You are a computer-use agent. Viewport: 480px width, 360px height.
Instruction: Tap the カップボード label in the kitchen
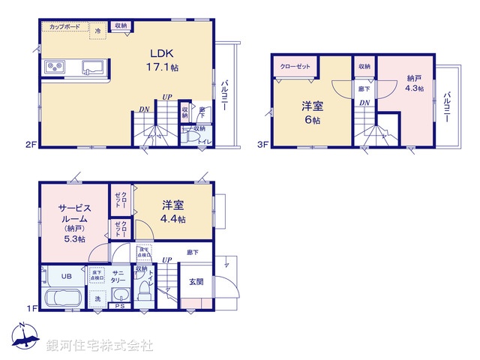(64, 26)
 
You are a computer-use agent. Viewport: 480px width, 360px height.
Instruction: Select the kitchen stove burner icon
(56, 67)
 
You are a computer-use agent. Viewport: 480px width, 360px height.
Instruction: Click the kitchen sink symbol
(91, 67)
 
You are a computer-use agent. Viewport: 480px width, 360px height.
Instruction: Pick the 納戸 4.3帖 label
(415, 82)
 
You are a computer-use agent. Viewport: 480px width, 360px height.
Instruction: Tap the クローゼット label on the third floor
(294, 66)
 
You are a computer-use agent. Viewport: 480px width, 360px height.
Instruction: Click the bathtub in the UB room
(66, 297)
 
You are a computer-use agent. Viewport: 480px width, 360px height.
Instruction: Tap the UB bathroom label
(66, 275)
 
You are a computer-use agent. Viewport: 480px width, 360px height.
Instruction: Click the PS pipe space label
(120, 305)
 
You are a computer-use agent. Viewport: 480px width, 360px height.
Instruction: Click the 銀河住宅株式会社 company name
(99, 346)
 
